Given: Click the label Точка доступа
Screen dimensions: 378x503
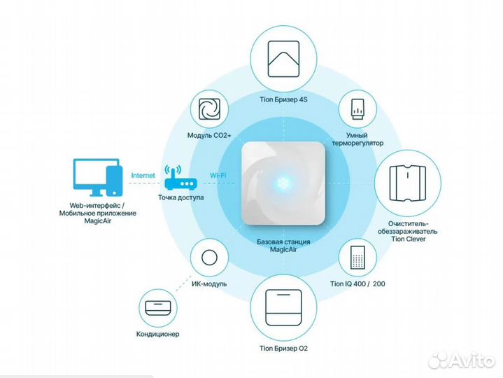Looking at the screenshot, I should click(180, 198).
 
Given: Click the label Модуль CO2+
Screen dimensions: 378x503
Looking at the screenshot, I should click(206, 134).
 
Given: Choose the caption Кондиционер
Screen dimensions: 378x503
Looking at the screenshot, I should click(157, 334).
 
